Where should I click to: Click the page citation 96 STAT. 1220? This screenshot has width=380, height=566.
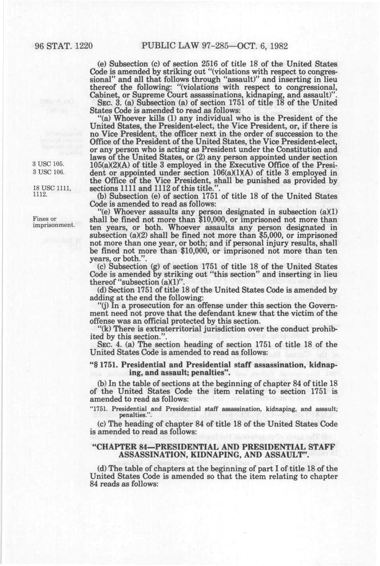click(64, 46)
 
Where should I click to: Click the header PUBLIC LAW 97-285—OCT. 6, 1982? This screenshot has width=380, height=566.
click(214, 46)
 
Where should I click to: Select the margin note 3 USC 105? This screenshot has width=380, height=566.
click(48, 164)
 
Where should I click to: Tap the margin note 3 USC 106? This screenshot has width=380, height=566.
click(48, 172)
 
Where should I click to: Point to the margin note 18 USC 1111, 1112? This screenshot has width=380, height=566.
click(51, 191)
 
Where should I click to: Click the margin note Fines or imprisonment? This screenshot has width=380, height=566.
click(53, 222)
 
